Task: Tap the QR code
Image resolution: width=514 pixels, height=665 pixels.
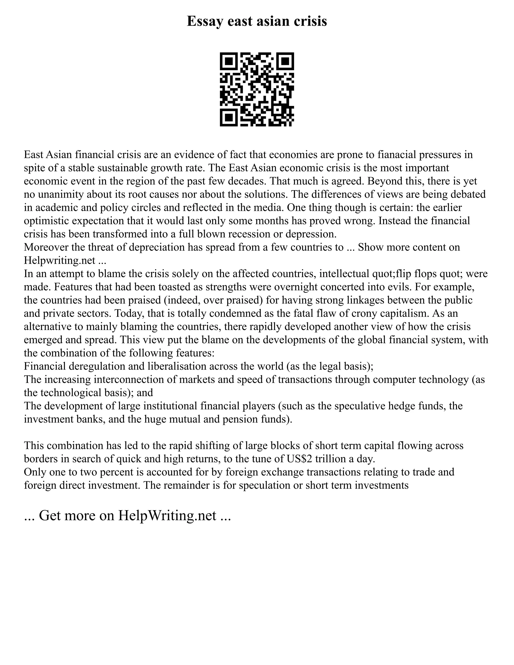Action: click(257, 90)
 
